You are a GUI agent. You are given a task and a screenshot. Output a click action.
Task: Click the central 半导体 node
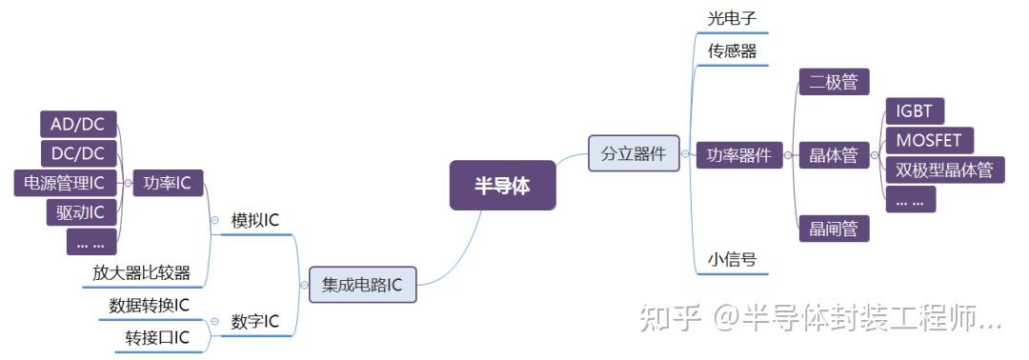pyautogui.click(x=502, y=186)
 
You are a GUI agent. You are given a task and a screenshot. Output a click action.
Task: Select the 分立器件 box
pyautogui.click(x=633, y=153)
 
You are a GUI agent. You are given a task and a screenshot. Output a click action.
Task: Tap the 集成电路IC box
pyautogui.click(x=362, y=284)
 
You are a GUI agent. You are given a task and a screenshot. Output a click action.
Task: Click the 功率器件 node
pyautogui.click(x=738, y=155)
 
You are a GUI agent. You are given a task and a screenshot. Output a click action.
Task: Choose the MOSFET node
pyautogui.click(x=929, y=140)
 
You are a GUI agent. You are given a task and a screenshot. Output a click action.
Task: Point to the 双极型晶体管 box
pyautogui.click(x=944, y=170)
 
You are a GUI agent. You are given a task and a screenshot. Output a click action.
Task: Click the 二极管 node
pyautogui.click(x=834, y=82)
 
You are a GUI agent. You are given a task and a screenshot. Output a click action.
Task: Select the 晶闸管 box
pyautogui.click(x=834, y=229)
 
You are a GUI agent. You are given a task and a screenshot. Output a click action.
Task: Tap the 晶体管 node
pyautogui.click(x=834, y=155)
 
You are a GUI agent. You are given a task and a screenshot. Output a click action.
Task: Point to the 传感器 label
pyautogui.click(x=732, y=50)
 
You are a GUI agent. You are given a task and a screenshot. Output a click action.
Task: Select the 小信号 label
pyautogui.click(x=732, y=259)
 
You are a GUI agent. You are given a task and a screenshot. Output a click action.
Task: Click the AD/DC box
pyautogui.click(x=78, y=123)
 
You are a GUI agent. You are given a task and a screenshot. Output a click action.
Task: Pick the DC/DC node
pyautogui.click(x=78, y=152)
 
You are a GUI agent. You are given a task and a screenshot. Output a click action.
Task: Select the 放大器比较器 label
pyautogui.click(x=141, y=273)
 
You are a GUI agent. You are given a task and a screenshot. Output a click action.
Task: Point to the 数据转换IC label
pyautogui.click(x=149, y=305)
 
